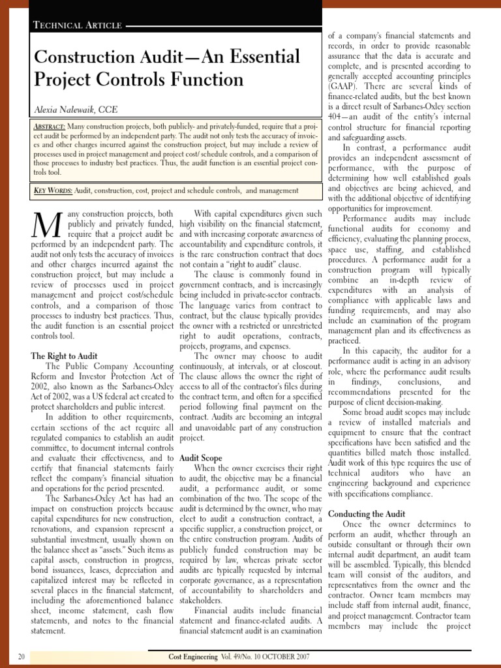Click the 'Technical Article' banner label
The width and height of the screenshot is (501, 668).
pyautogui.click(x=77, y=25)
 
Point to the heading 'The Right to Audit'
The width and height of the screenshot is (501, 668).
pyautogui.click(x=64, y=356)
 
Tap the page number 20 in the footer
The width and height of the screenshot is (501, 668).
pyautogui.click(x=22, y=656)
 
